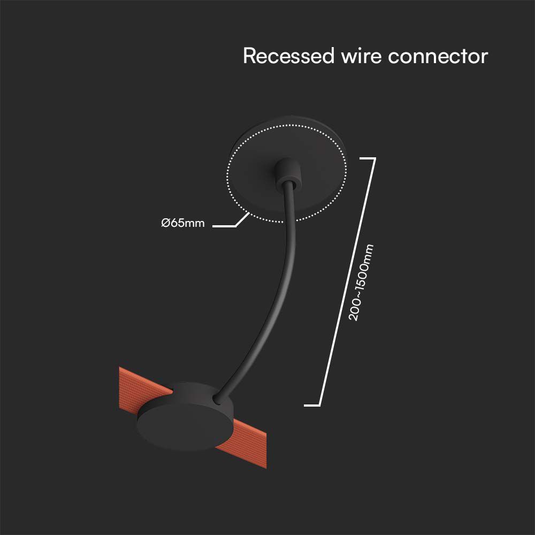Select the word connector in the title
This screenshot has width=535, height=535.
pyautogui.click(x=438, y=56)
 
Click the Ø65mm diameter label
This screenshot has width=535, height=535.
pyautogui.click(x=183, y=223)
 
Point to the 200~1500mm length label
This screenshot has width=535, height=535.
pyautogui.click(x=361, y=282)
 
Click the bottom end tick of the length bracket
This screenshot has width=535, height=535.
pyautogui.click(x=312, y=405)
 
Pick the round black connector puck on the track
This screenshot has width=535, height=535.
pyautogui.click(x=185, y=415)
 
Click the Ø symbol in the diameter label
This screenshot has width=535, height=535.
pyautogui.click(x=165, y=223)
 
